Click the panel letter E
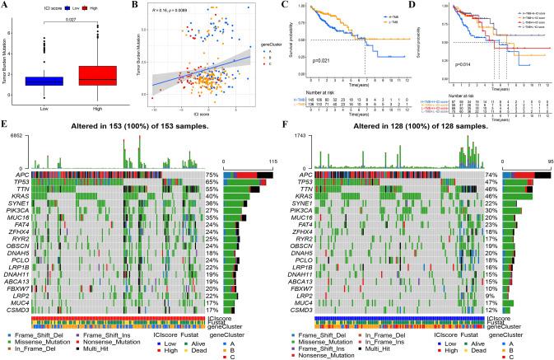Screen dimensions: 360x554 [x=7, y=129]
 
